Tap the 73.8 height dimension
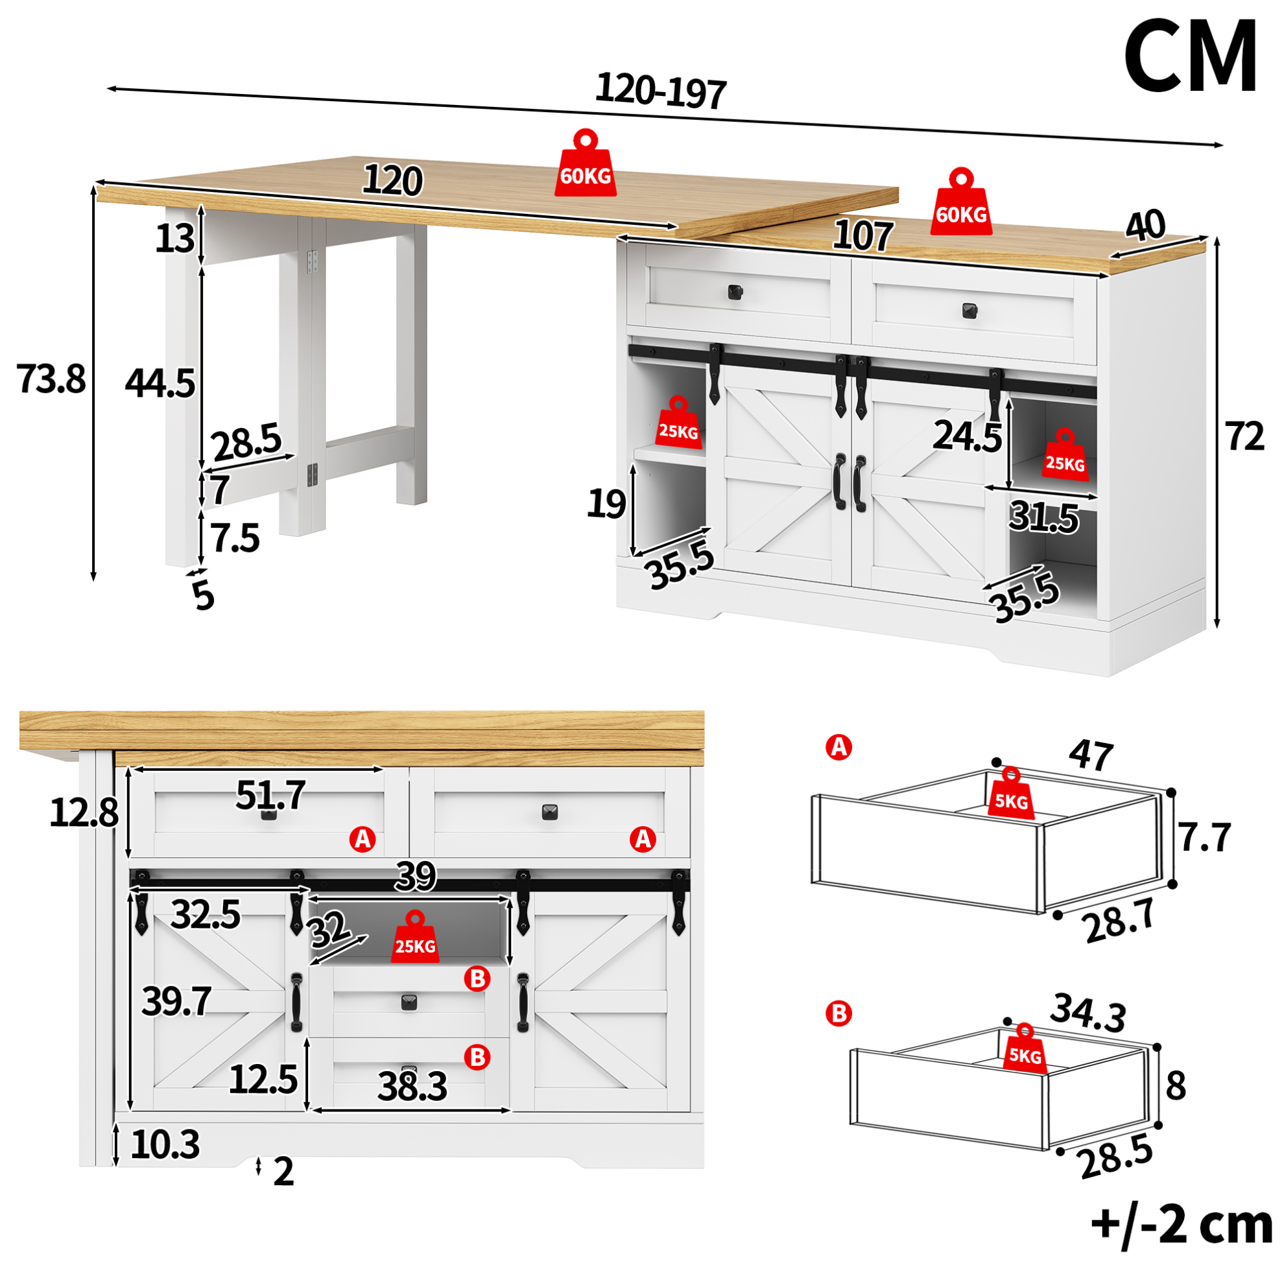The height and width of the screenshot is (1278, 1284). (x=51, y=379)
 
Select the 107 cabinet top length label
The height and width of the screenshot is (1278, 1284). (x=862, y=236)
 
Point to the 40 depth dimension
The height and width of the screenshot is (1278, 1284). (x=1145, y=226)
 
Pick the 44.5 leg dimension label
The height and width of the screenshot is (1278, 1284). (x=160, y=383)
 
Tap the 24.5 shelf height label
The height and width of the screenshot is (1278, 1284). (x=967, y=436)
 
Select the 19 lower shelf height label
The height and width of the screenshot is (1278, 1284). (x=606, y=504)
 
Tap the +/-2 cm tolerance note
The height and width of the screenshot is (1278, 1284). (x=1182, y=1225)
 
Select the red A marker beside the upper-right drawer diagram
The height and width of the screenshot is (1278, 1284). (x=838, y=748)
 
